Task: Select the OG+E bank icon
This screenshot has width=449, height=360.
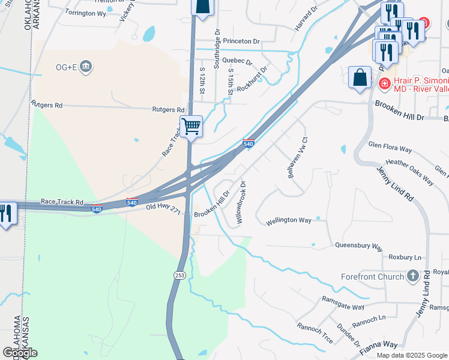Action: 86,65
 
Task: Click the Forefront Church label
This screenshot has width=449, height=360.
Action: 375,276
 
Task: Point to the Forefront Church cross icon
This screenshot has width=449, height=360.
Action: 412,276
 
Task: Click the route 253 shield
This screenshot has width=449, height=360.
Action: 179,275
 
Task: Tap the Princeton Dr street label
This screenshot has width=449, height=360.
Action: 241,41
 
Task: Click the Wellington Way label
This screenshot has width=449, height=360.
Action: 289,220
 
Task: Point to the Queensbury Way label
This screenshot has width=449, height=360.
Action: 359,246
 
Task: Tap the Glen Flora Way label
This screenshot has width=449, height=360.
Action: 390,147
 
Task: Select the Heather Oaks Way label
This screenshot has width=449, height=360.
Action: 410,170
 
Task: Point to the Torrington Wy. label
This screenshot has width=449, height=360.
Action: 86,13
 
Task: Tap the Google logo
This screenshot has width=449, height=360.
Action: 20,352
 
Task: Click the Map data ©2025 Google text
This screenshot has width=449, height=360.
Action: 411,355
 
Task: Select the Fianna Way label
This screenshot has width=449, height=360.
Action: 379,344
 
